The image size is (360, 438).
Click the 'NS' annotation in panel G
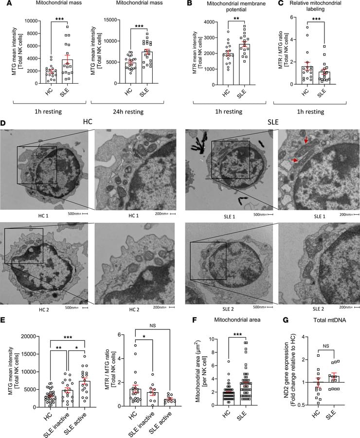(x=323, y=341)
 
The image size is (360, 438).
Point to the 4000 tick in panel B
(x=200, y=22)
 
